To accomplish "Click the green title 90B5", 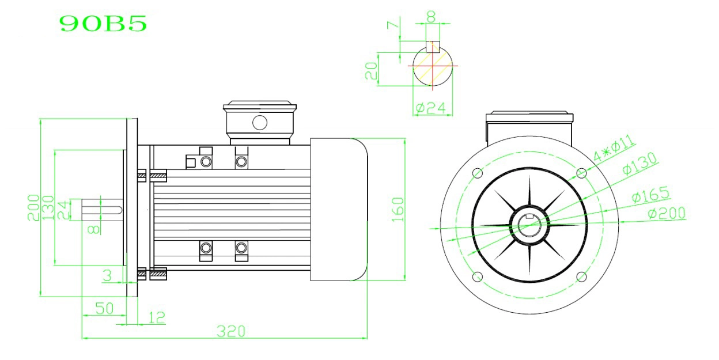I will (x=103, y=23).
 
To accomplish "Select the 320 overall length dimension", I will (x=231, y=331).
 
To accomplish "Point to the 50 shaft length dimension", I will (x=104, y=308).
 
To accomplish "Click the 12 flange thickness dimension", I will (x=157, y=317).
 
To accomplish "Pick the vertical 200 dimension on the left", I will (x=33, y=207).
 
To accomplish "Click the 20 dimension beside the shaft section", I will (x=372, y=70).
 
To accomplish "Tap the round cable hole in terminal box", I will (x=260, y=122).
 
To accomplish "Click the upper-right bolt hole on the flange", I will (x=581, y=172).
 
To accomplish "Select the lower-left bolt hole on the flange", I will (x=477, y=277).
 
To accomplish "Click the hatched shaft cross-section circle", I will (x=433, y=67).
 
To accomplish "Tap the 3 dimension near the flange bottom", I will (x=107, y=276).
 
